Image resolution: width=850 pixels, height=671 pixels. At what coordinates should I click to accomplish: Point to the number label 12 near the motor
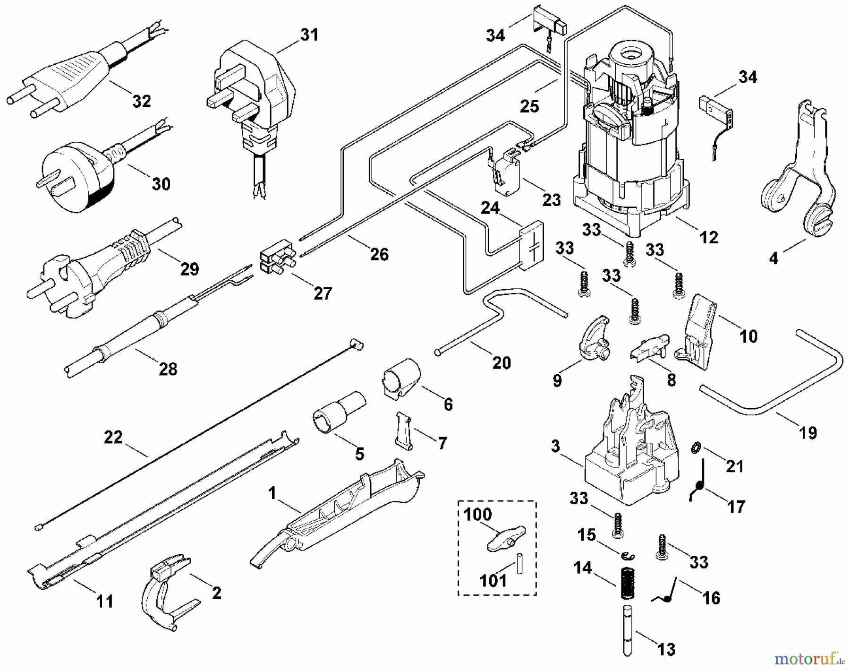point(708,237)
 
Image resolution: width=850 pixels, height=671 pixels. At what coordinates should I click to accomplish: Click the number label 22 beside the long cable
point(113,437)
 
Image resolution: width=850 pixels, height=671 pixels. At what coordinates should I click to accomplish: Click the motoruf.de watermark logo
point(812,658)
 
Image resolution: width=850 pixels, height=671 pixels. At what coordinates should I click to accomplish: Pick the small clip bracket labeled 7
point(403,430)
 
